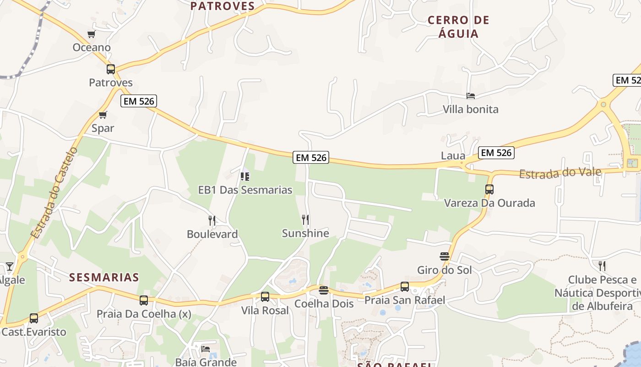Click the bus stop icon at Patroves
click(111, 69)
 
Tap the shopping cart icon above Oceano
click(91, 34)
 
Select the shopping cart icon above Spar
click(103, 115)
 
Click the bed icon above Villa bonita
click(470, 96)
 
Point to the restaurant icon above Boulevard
click(212, 221)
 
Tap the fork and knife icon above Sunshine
click(305, 220)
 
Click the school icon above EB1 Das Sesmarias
click(245, 176)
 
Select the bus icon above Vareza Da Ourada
click(489, 189)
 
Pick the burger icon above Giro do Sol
click(444, 256)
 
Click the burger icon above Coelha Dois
click(324, 290)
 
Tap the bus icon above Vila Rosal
click(265, 297)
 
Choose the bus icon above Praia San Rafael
click(404, 287)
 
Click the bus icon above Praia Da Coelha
click(144, 300)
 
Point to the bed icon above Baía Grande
click(206, 349)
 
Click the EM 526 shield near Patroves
click(139, 101)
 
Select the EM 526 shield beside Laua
click(496, 153)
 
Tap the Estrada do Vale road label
click(560, 172)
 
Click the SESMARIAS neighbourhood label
click(104, 277)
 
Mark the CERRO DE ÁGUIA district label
click(458, 27)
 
